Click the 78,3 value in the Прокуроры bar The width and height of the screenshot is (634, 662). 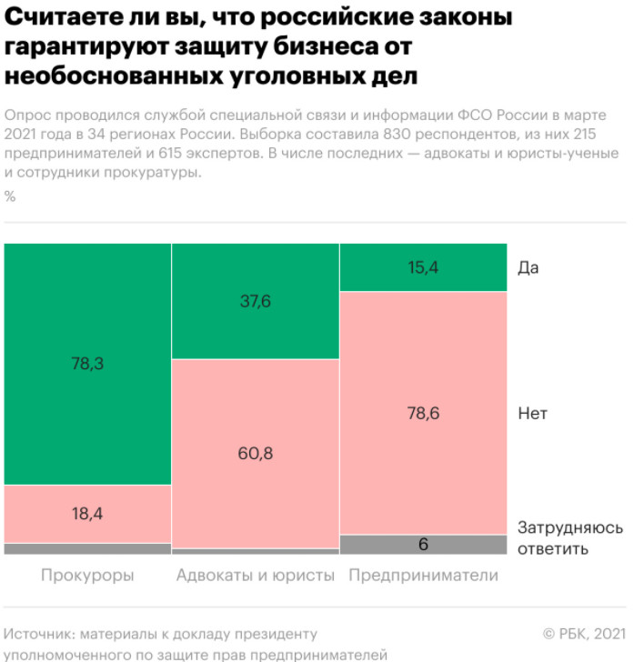click(87, 363)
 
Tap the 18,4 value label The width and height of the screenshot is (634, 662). click(87, 513)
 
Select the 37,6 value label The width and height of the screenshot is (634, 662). click(256, 302)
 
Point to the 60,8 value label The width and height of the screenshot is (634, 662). click(256, 453)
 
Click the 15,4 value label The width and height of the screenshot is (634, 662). click(424, 267)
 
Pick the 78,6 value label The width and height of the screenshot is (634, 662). click(424, 413)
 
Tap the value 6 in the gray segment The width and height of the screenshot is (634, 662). click(424, 545)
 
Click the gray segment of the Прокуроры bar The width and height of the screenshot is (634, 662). click(87, 548)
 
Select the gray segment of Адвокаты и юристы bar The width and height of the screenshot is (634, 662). click(256, 551)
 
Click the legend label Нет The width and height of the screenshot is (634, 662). click(532, 413)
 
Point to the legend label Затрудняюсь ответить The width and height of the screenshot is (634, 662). click(569, 537)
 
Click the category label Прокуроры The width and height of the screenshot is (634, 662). click(87, 576)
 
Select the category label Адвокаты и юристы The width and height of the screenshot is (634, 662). click(256, 576)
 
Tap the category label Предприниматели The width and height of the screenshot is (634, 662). click(424, 576)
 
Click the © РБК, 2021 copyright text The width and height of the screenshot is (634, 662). click(584, 633)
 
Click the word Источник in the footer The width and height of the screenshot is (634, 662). click(38, 633)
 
